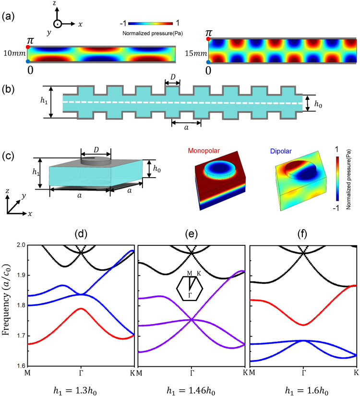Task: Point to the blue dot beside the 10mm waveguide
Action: (x=27, y=62)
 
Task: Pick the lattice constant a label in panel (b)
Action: (x=186, y=131)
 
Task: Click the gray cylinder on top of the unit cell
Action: (x=95, y=161)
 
